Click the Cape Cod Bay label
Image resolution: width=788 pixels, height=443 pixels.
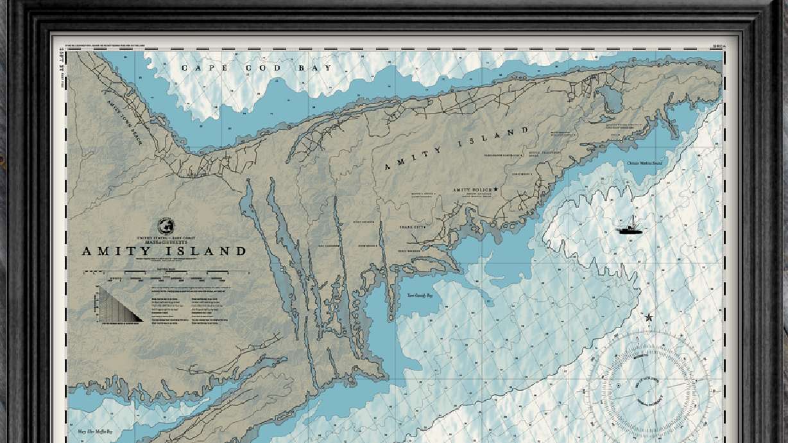(x=257, y=67)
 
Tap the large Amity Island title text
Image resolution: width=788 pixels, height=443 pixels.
(x=164, y=251)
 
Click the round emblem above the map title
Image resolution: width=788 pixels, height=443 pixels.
(x=166, y=226)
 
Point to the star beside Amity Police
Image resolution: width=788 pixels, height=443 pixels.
(x=495, y=189)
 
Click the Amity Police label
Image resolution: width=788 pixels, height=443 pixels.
(x=472, y=190)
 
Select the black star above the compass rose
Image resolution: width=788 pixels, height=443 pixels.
(x=649, y=317)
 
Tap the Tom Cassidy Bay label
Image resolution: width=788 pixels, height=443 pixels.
(x=420, y=296)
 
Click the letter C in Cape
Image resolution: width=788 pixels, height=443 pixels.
(x=185, y=67)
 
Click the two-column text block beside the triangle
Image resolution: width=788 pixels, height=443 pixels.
(x=190, y=309)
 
